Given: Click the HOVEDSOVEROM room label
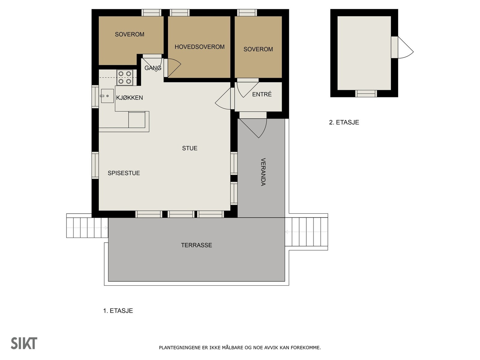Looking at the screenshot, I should pyautogui.click(x=199, y=47).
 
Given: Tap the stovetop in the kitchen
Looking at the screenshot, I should pyautogui.click(x=125, y=77).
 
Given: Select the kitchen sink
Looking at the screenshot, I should pyautogui.click(x=107, y=96).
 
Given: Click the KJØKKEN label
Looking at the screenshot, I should pyautogui.click(x=129, y=98).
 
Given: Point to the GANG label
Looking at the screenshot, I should pyautogui.click(x=153, y=68).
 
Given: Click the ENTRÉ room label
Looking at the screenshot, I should pyautogui.click(x=262, y=94).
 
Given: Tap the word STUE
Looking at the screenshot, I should pyautogui.click(x=190, y=148).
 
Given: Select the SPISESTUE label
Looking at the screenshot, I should pyautogui.click(x=124, y=173).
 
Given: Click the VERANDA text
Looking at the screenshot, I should pyautogui.click(x=263, y=172).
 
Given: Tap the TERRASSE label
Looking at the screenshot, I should pyautogui.click(x=196, y=245).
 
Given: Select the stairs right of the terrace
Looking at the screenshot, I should pyautogui.click(x=306, y=232).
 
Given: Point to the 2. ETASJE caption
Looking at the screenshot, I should pyautogui.click(x=344, y=122).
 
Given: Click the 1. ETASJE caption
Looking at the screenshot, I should pyautogui.click(x=118, y=311).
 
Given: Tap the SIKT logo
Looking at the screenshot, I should pyautogui.click(x=24, y=343).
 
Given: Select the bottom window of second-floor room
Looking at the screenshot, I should pyautogui.click(x=366, y=93).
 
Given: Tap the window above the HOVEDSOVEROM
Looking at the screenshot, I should pyautogui.click(x=179, y=13).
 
